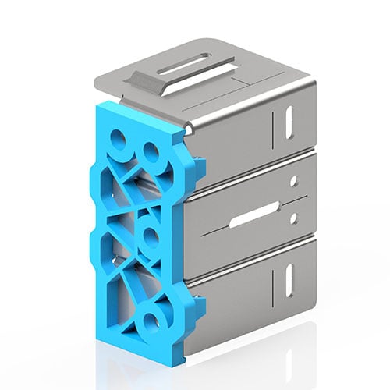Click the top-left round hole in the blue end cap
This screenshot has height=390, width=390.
(x=118, y=141)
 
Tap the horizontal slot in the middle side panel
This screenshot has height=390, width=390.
(x=253, y=214)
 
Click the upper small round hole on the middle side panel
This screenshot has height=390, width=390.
(x=294, y=180)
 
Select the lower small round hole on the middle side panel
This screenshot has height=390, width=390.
(x=294, y=219)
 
